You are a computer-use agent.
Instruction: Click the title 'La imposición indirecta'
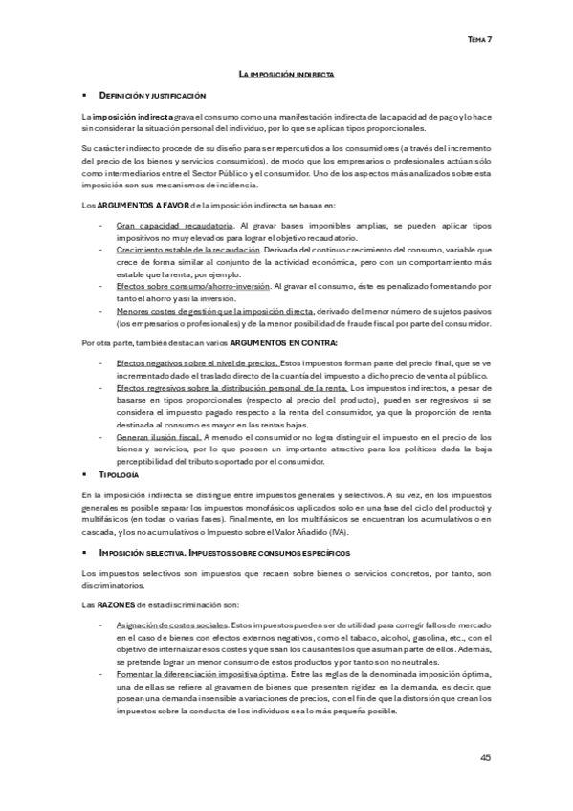tap(286, 74)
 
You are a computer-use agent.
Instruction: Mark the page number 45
tap(486, 757)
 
